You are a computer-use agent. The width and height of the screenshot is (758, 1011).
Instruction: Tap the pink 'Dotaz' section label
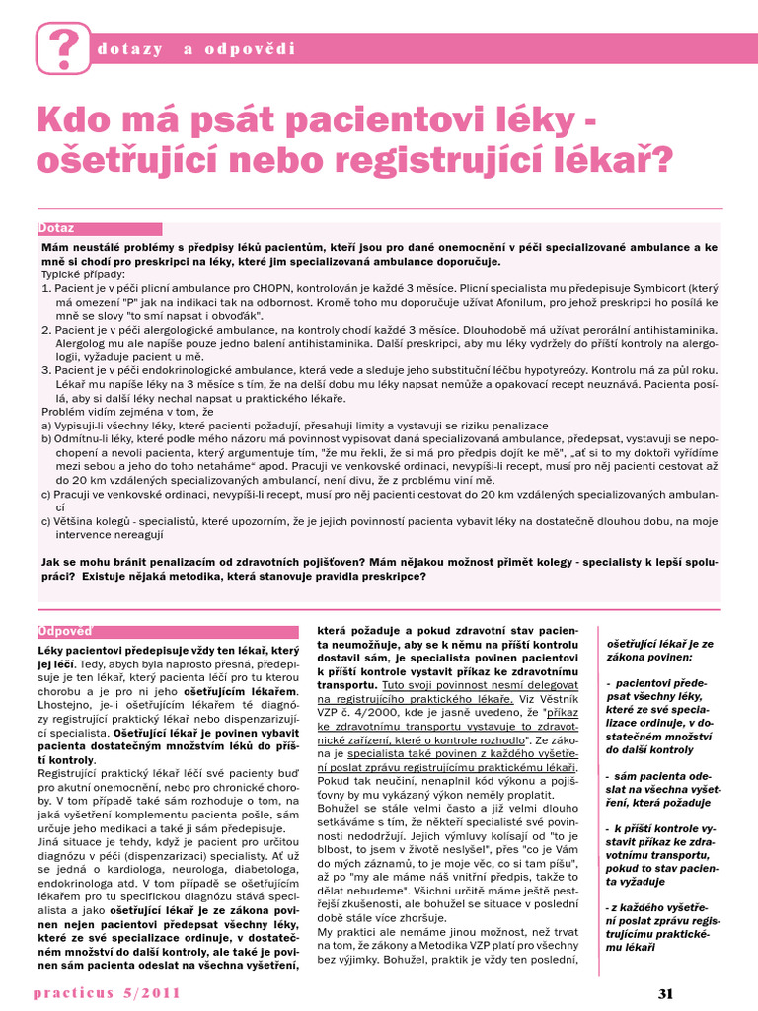point(57,228)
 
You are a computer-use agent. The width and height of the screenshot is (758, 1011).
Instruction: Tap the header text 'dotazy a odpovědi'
point(197,49)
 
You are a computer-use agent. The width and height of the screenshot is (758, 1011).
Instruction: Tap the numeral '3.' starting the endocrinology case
point(46,369)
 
